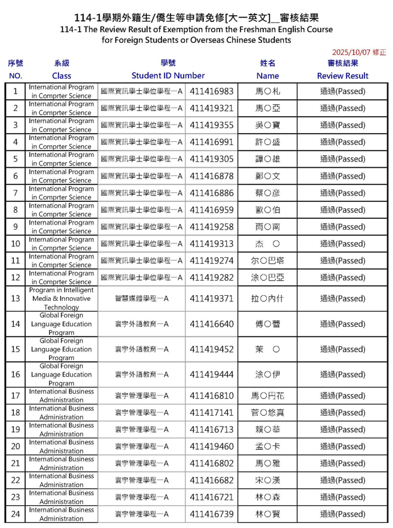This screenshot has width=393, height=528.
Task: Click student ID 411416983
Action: click(x=211, y=91)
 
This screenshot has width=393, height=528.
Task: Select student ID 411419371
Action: click(x=211, y=298)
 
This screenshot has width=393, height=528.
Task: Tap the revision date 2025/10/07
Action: click(x=358, y=53)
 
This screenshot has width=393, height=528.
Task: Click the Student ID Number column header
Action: click(x=168, y=75)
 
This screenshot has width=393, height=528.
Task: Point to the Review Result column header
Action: click(x=343, y=75)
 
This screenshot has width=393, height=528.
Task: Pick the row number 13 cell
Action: click(x=15, y=298)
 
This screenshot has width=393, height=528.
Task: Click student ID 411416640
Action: click(x=211, y=324)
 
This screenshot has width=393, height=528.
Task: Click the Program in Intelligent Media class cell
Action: click(x=61, y=298)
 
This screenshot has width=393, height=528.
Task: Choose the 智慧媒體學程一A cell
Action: click(x=141, y=298)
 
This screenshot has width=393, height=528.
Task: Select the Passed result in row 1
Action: click(x=343, y=91)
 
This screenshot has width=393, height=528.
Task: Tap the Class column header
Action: click(x=61, y=75)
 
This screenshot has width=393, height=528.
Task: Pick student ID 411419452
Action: click(x=211, y=349)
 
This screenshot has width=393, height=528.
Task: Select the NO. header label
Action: click(x=15, y=75)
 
